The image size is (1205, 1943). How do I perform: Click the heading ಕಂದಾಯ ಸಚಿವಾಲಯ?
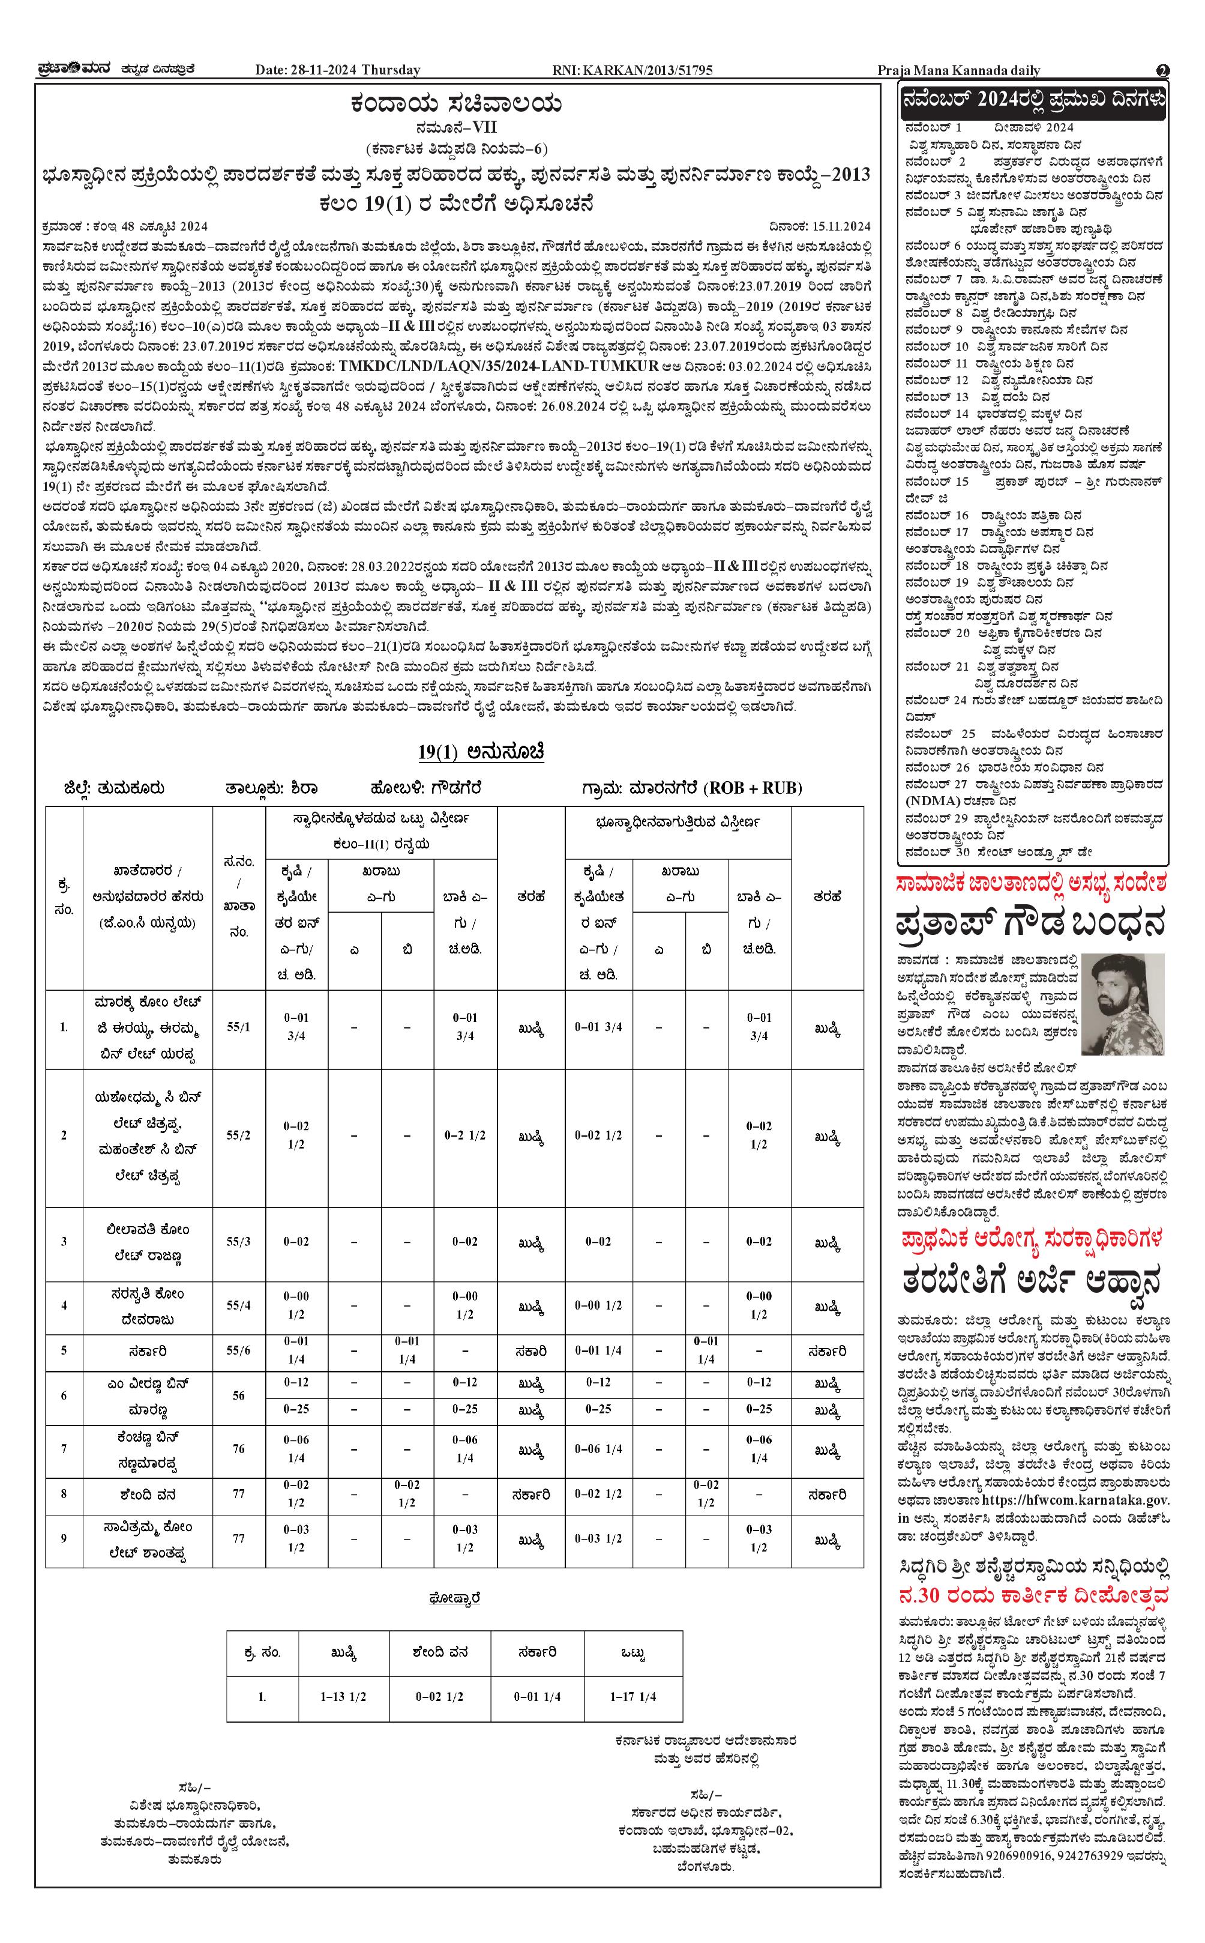pos(457,104)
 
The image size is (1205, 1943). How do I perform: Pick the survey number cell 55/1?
pos(238,1027)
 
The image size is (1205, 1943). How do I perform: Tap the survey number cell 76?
pos(238,1449)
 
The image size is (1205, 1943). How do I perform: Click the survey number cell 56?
pos(238,1395)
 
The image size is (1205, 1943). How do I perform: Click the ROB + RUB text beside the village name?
pos(753,788)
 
